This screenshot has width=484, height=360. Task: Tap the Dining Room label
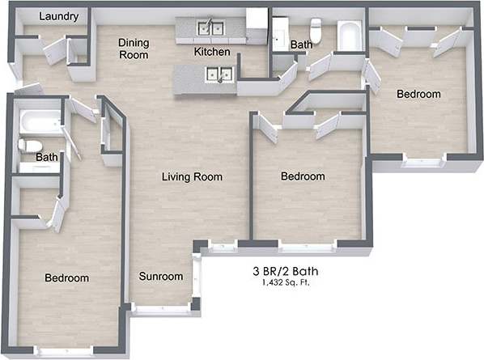(134, 49)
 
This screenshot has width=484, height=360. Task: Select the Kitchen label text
(212, 52)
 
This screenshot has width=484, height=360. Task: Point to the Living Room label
(191, 176)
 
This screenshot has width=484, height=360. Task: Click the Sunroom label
(160, 277)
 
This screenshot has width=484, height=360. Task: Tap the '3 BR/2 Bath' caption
(286, 271)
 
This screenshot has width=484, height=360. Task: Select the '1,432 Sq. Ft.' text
(286, 283)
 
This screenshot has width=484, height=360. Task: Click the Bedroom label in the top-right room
(418, 94)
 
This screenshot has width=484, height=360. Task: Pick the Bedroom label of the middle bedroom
(303, 176)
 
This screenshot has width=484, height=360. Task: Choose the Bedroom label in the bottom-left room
(66, 278)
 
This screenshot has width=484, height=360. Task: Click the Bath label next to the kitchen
(301, 44)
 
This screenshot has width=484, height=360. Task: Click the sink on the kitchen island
(219, 75)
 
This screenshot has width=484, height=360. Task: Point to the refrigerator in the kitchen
(257, 23)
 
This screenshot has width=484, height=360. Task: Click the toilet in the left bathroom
(30, 146)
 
